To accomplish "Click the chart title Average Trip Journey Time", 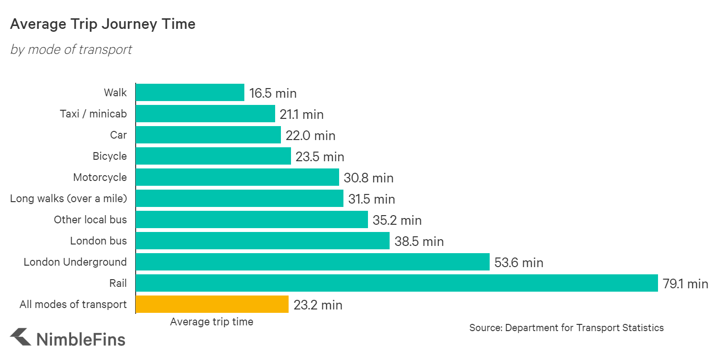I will (102, 24).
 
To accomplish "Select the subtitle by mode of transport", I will (71, 50).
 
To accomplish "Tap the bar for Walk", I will (190, 92).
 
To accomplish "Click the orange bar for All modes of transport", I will (212, 304).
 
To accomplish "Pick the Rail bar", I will (396, 283).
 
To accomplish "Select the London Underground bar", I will (312, 262).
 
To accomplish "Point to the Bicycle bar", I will (213, 156).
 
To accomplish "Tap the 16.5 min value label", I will (273, 93).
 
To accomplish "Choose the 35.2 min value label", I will (397, 220).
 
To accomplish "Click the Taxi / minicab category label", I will (93, 114).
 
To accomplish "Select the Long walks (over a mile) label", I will (68, 198).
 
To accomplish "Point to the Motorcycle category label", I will (100, 177).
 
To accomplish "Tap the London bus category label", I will (99, 241).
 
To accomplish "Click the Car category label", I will (118, 135).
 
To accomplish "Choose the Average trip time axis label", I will (212, 322).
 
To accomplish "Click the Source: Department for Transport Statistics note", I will (566, 328).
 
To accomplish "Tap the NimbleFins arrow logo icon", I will (21, 337).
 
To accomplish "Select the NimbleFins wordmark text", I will (81, 339).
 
